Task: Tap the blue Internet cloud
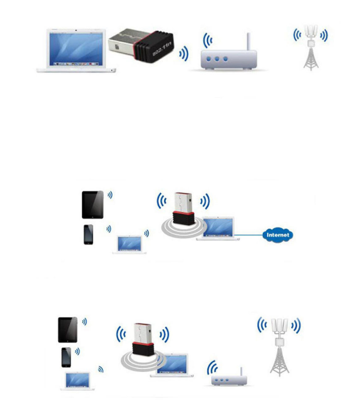278,235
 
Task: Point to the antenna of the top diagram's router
248,42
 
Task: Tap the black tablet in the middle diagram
93,204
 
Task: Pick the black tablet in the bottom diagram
68,331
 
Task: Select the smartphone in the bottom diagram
66,358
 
